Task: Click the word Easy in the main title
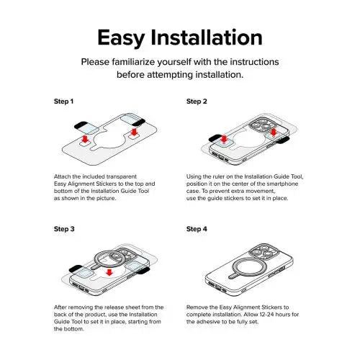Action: coord(121,37)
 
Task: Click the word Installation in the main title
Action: coord(207,37)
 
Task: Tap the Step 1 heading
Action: coord(63,102)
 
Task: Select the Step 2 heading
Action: coord(197,102)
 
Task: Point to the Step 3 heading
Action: coord(64,229)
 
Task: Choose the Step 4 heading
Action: coord(197,229)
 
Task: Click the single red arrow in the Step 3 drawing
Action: coord(109,272)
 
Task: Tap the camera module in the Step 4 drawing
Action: coord(264,253)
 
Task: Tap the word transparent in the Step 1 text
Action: coord(122,176)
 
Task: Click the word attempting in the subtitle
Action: coord(170,75)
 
